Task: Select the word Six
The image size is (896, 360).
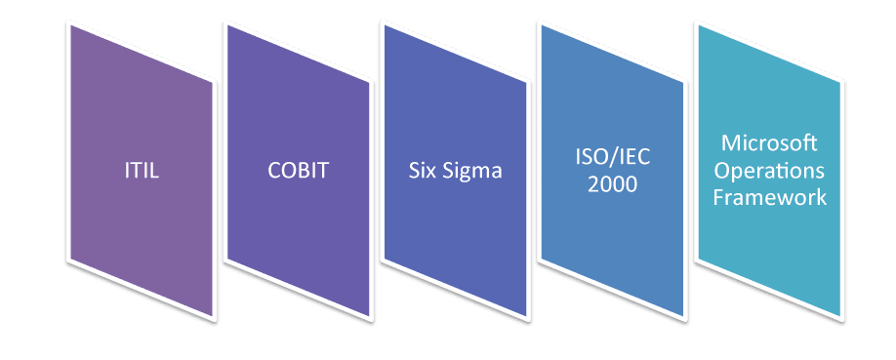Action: click(422, 172)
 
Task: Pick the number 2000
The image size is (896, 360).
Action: click(613, 182)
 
